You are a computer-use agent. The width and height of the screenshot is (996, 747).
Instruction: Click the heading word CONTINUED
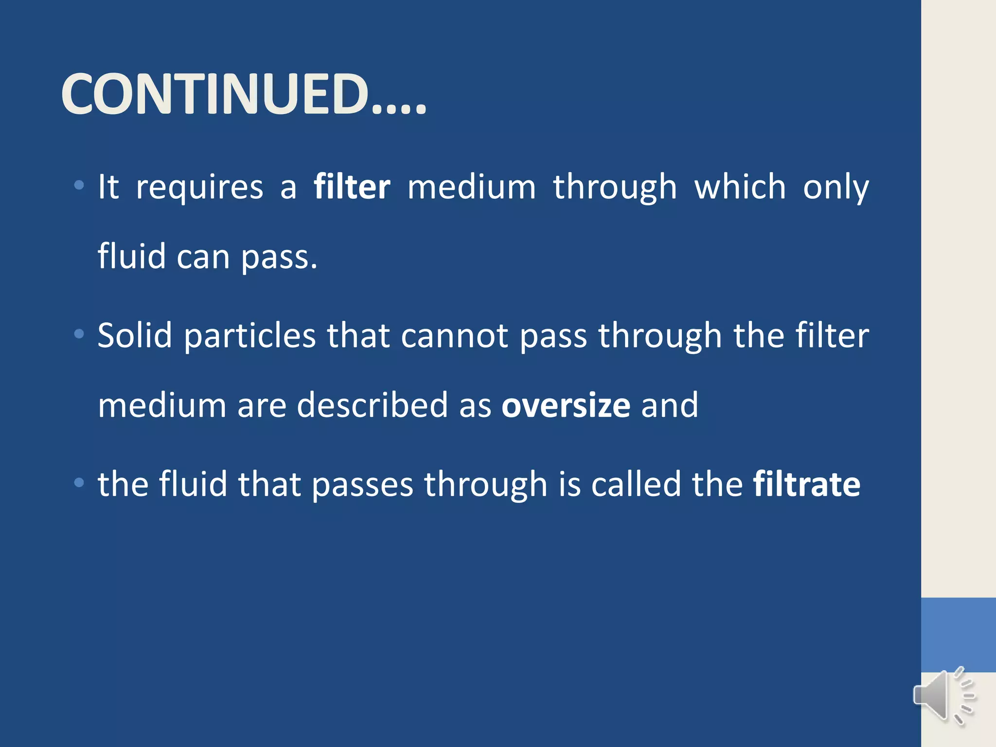(243, 94)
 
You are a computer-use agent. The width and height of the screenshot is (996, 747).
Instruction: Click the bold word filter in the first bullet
(352, 187)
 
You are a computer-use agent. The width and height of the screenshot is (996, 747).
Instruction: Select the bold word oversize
(566, 405)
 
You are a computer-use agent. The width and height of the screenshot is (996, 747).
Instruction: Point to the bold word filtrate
(806, 484)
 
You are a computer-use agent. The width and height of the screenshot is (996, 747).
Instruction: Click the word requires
(199, 188)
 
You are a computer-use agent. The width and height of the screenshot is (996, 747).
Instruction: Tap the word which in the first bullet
(740, 187)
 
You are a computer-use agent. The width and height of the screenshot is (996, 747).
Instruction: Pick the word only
(836, 188)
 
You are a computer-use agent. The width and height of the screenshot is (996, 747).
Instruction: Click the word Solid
(135, 336)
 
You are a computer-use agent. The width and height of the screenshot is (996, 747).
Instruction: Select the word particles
(250, 337)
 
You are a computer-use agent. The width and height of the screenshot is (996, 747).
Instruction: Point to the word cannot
(455, 337)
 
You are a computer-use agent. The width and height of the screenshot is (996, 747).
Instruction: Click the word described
(372, 405)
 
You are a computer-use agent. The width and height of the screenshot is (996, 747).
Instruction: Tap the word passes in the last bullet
(362, 485)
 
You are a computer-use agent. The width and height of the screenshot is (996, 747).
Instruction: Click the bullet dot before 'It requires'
(79, 185)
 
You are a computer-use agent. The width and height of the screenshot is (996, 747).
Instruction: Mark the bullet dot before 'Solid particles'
(79, 334)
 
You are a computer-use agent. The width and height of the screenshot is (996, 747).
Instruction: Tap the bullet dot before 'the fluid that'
(79, 482)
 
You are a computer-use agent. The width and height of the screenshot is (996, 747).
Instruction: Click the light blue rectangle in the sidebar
(958, 635)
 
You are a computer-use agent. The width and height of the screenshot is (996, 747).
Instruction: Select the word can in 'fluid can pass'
(203, 257)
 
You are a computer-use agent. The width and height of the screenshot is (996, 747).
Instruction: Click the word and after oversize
(669, 405)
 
